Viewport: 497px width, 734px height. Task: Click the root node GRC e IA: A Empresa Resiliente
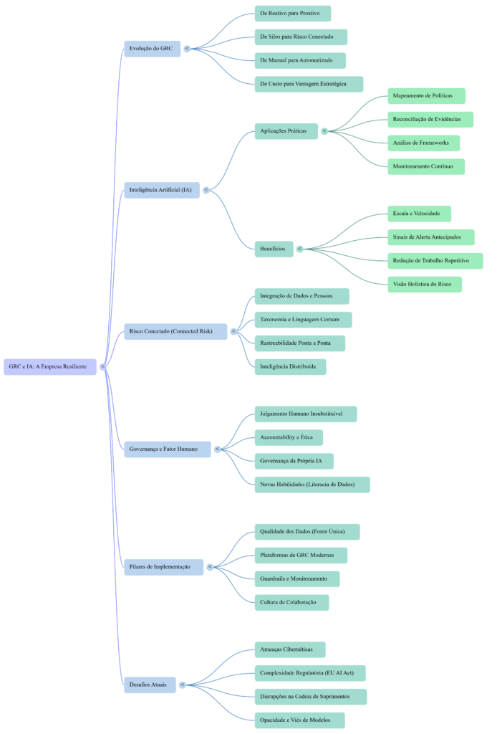point(49,366)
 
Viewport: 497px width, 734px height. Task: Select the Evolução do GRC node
point(152,49)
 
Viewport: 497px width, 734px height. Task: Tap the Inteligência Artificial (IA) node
point(161,190)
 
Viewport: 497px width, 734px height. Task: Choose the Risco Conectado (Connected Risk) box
point(175,331)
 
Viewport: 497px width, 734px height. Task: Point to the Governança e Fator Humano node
point(167,449)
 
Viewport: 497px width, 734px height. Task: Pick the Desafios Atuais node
point(149,685)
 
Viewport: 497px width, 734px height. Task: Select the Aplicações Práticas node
point(286,131)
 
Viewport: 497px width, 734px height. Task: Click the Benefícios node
point(274,249)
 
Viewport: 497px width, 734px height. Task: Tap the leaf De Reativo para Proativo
point(292,14)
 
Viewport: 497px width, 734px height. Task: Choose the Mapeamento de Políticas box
point(426,96)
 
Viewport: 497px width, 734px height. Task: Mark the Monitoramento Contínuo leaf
point(425,166)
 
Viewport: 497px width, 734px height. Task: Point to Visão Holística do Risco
point(424,284)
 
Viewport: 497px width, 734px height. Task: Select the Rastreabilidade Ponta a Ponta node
point(299,343)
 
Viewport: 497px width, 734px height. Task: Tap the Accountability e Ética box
point(288,437)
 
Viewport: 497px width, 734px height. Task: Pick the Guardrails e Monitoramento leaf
point(296,578)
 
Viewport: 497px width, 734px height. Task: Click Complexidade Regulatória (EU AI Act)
point(309,673)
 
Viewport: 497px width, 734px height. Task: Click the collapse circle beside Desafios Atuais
point(183,685)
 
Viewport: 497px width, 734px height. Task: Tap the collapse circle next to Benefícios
point(299,249)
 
